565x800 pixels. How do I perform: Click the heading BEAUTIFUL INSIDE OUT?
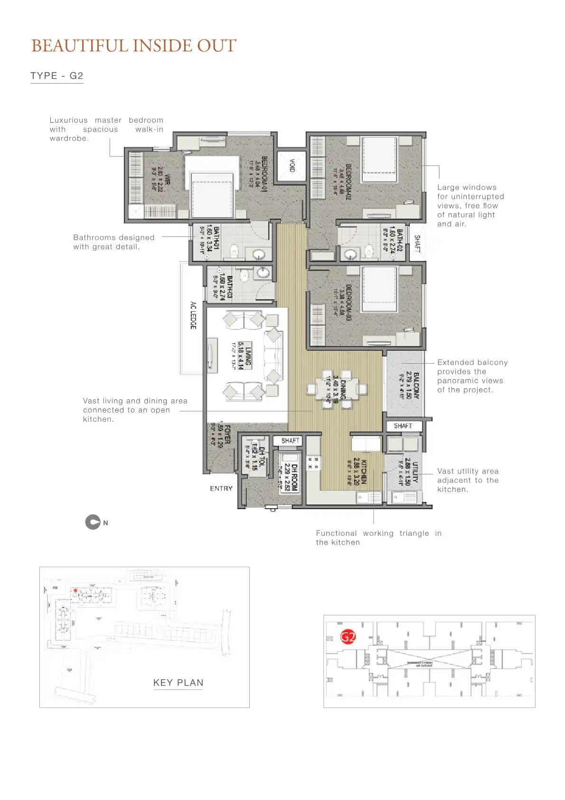click(x=133, y=46)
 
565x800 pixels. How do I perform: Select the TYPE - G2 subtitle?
click(x=56, y=76)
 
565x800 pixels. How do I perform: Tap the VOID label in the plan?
click(x=292, y=166)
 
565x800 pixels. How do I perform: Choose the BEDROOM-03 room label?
click(x=348, y=302)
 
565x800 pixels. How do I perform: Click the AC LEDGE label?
click(x=193, y=315)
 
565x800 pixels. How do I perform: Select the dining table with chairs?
click(x=336, y=389)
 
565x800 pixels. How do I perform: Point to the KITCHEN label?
click(x=364, y=472)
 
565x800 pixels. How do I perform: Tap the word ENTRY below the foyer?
click(x=221, y=488)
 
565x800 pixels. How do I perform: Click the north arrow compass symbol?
click(x=93, y=522)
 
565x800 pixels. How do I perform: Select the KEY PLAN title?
click(x=178, y=683)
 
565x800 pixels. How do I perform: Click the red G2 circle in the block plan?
click(x=348, y=636)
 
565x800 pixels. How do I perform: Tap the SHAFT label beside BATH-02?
click(x=417, y=243)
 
